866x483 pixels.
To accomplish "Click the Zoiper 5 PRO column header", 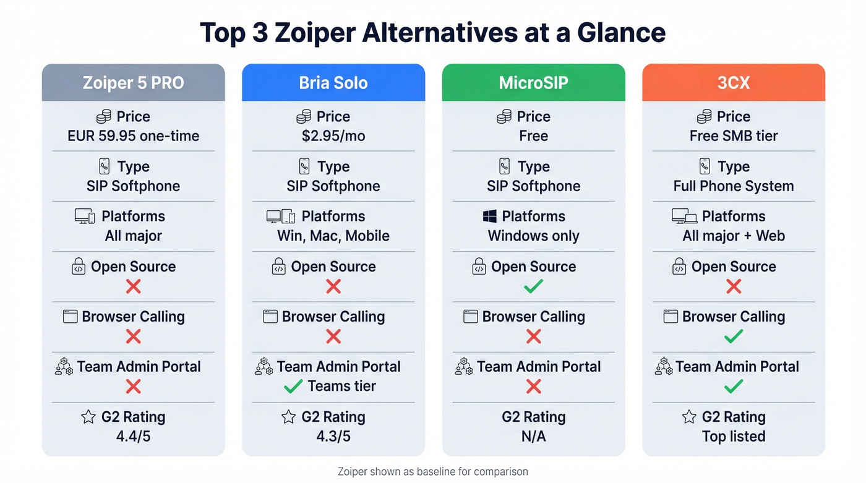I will pos(133,83).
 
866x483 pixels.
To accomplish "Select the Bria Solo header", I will pos(333,83).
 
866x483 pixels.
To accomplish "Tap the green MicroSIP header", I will pos(533,83).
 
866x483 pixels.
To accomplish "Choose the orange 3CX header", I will pos(734,83).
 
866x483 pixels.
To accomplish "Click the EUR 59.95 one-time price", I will pos(133,136).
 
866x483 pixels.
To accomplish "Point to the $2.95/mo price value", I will pos(333,136).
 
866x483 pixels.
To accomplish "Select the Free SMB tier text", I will pos(734,136).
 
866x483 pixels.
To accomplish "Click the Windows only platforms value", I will pos(533,236).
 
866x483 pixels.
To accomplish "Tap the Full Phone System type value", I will pos(734,186).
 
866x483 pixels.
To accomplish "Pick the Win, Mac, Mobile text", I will pos(333,236).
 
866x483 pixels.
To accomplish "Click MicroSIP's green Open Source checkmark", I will pos(533,286).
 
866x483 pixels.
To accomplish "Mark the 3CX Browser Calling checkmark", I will pos(734,336).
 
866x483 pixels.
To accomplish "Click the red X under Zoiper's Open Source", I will pos(133,286).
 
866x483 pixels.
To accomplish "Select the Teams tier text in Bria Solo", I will pos(341,387).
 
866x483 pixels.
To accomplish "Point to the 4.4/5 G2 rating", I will pos(133,437).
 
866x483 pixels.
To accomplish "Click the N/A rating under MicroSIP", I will pos(533,437).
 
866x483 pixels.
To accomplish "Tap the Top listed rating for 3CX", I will pos(734,437).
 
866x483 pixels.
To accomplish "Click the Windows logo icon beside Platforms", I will pos(490,216).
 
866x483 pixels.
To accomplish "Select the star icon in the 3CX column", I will pos(689,417).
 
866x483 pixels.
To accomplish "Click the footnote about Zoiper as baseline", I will pos(433,472).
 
